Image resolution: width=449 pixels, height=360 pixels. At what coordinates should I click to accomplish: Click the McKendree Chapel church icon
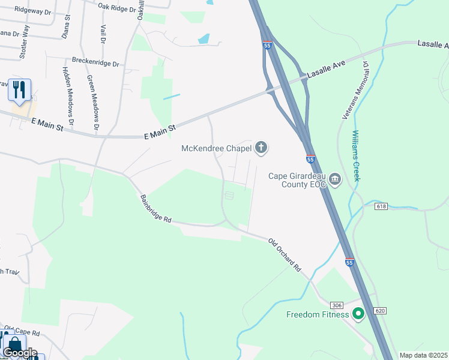261,147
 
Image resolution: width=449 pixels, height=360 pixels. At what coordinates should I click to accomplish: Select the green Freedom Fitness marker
358,314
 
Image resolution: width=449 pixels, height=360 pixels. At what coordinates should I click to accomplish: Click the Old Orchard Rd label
285,256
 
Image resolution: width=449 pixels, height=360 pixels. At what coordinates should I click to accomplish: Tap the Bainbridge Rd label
156,209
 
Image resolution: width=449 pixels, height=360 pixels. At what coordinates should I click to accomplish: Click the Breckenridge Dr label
96,62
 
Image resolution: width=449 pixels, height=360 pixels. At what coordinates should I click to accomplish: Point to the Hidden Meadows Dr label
67,91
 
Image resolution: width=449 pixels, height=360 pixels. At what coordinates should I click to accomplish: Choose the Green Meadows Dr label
92,102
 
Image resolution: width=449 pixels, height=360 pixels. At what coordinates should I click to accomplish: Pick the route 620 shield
379,310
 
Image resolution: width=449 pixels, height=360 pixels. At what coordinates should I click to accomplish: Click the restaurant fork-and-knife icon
19,90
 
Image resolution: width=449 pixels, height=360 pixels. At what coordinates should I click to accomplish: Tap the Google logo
20,352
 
